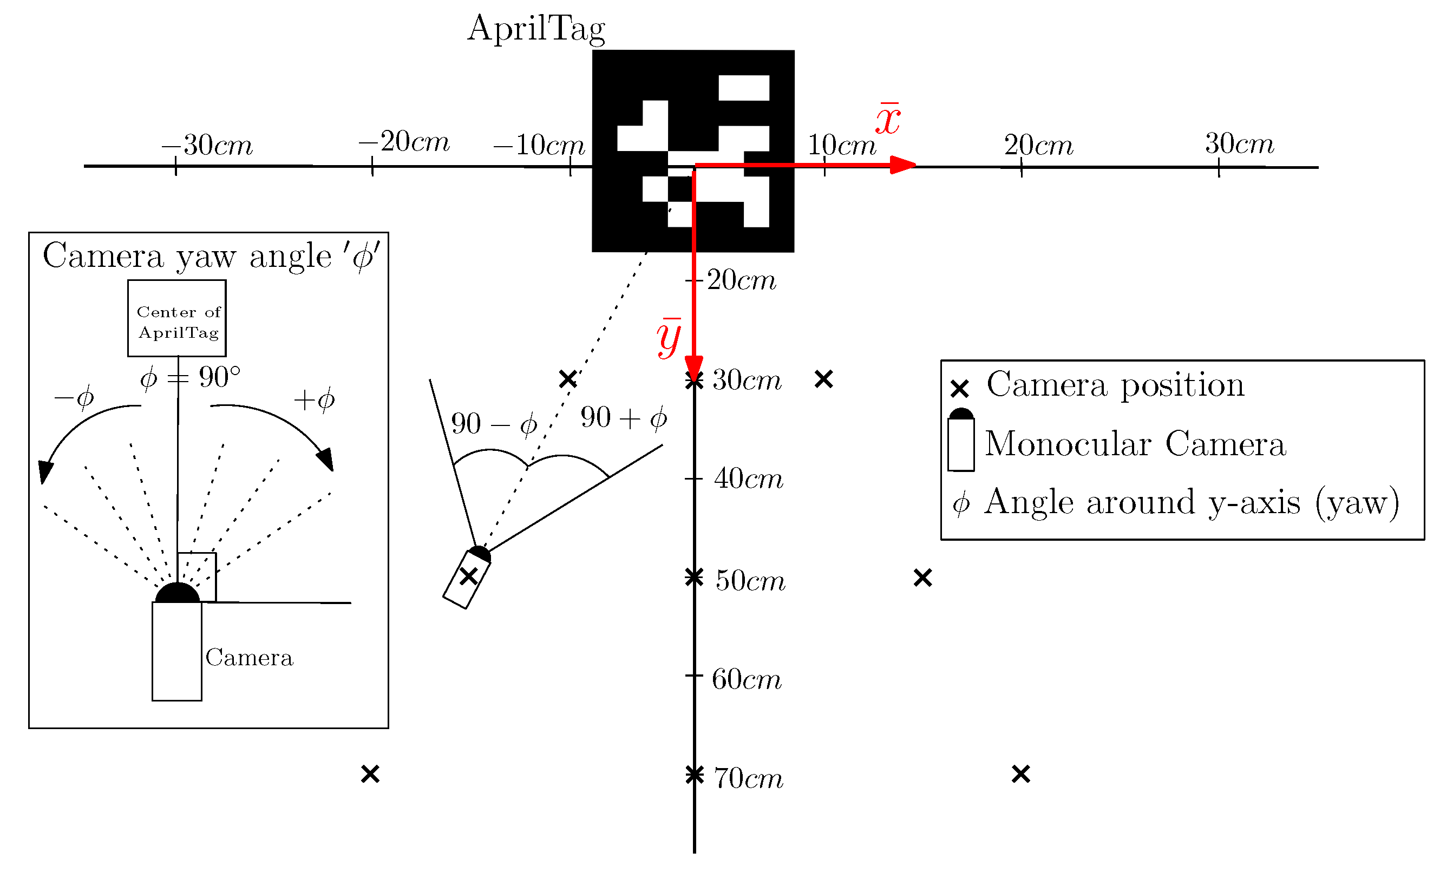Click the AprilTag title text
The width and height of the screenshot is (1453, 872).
(x=535, y=28)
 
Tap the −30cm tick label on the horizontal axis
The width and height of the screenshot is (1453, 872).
(x=207, y=145)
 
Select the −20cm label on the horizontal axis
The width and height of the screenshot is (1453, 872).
(x=404, y=141)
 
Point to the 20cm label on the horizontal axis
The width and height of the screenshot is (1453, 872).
(x=1038, y=145)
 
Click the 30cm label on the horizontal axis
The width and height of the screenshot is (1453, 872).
(x=1239, y=143)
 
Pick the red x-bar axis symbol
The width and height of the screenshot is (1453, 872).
(x=887, y=119)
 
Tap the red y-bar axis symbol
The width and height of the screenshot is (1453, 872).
(x=669, y=338)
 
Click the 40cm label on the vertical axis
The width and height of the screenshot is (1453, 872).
(x=748, y=479)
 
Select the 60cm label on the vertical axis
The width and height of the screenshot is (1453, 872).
(x=746, y=679)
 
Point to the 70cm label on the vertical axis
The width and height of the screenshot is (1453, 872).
(x=748, y=778)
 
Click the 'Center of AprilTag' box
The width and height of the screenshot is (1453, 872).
(x=177, y=318)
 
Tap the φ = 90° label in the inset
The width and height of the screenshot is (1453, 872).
(x=190, y=378)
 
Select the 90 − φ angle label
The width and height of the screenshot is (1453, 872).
(x=494, y=424)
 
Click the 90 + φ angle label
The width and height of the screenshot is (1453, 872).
(x=624, y=418)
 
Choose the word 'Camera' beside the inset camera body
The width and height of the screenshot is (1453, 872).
(x=249, y=658)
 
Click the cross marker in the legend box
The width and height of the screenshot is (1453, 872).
(x=959, y=389)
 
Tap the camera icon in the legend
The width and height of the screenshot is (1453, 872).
(x=961, y=440)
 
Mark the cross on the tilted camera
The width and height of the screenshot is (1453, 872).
(x=468, y=576)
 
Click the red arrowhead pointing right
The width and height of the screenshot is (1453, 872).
(x=903, y=165)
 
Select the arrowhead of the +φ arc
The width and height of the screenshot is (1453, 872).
(x=326, y=459)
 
